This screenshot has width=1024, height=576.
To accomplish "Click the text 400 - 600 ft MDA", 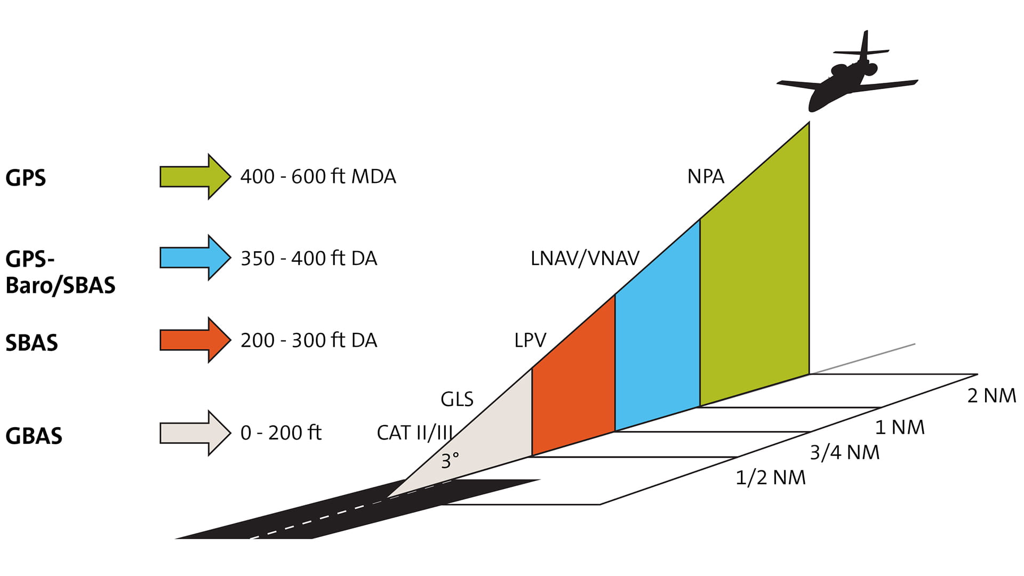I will point(318,177).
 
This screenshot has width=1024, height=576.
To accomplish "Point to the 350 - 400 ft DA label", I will point(309,258).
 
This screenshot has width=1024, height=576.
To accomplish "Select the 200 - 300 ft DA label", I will point(309,340).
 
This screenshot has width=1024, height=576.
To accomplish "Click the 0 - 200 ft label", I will point(281,433).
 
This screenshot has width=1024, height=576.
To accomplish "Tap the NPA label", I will point(706,177).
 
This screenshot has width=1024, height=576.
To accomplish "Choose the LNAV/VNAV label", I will point(585,259).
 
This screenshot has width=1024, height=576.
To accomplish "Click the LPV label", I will point(530,340).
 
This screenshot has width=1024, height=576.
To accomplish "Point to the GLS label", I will point(457,399).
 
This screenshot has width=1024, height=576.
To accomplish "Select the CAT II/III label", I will point(415,433).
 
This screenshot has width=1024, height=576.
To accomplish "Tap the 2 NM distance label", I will point(991,396).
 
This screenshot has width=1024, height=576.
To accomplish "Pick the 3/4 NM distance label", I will point(845,452).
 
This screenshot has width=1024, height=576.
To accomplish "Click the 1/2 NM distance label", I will point(770,477).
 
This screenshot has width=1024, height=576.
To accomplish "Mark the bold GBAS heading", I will point(34,436).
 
